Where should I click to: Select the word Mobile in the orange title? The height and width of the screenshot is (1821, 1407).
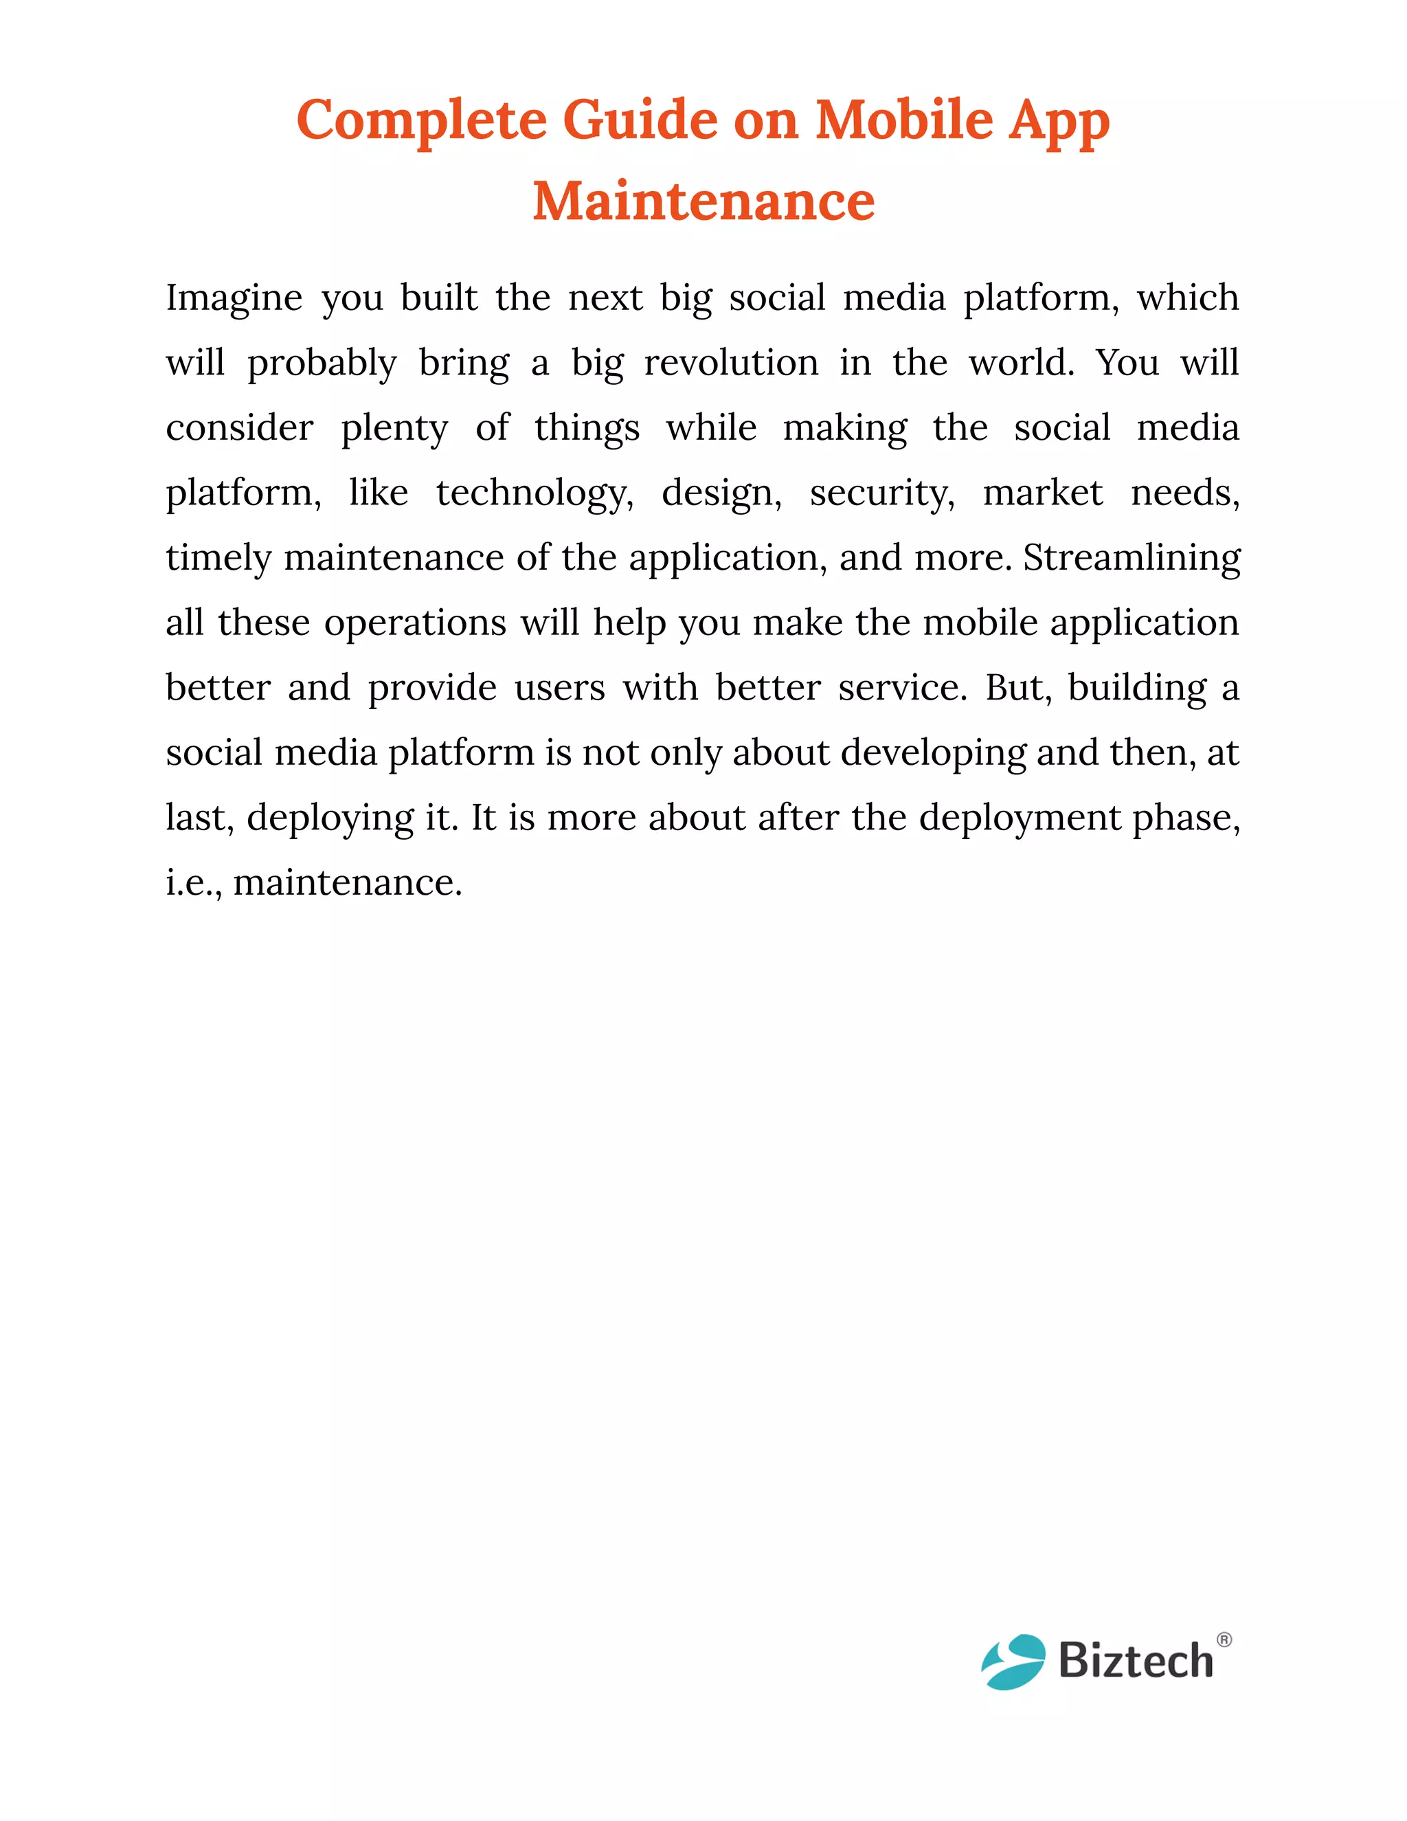pyautogui.click(x=903, y=120)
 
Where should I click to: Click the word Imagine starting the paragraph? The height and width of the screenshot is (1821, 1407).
pyautogui.click(x=234, y=298)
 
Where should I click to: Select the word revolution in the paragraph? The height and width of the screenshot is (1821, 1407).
pyautogui.click(x=731, y=363)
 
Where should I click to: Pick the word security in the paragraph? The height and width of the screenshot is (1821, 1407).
pyautogui.click(x=882, y=493)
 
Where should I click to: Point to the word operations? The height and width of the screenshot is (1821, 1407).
pyautogui.click(x=415, y=623)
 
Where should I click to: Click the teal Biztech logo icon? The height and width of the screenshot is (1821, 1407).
pyautogui.click(x=1013, y=1661)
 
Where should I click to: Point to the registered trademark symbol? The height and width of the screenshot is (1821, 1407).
pyautogui.click(x=1224, y=1640)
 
